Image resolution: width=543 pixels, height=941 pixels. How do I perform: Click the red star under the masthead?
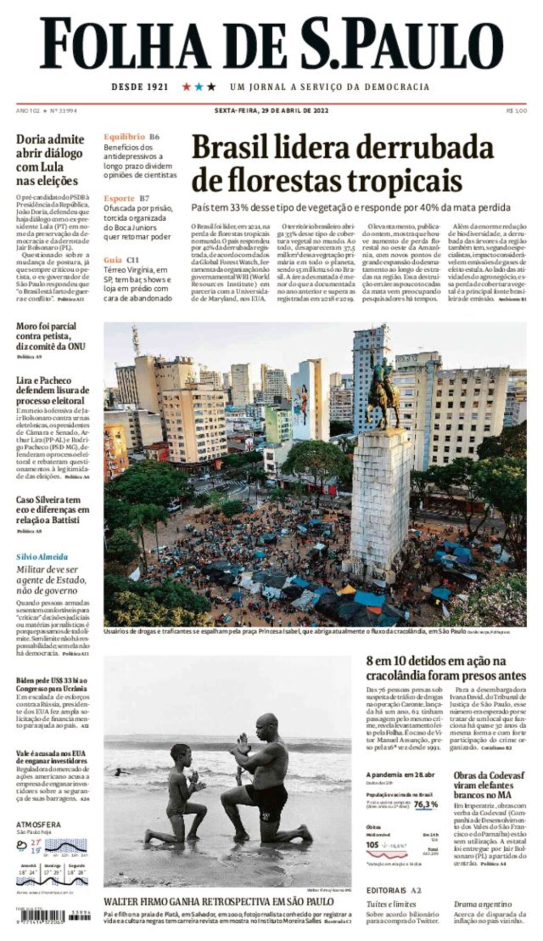186,87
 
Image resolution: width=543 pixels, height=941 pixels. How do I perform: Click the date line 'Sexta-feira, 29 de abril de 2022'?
271,110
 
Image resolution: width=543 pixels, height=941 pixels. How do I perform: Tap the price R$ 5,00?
516,110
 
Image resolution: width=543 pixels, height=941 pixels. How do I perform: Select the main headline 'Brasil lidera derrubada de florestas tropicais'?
342,163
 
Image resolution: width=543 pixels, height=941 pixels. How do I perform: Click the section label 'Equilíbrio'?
124,136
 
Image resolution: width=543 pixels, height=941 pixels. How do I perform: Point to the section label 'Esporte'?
119,198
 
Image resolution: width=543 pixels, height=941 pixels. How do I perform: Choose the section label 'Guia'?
113,260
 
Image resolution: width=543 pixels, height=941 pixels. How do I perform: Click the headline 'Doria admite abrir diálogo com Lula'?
50,160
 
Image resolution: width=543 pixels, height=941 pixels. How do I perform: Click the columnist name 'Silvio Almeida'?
42,557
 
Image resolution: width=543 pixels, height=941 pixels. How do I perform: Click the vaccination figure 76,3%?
426,804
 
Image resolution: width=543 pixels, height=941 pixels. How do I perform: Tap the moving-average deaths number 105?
372,844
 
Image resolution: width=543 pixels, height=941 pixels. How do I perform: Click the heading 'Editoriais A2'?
393,890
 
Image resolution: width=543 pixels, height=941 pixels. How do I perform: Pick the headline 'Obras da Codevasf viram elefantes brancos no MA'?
488,785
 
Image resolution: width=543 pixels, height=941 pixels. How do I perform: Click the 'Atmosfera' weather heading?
39,824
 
